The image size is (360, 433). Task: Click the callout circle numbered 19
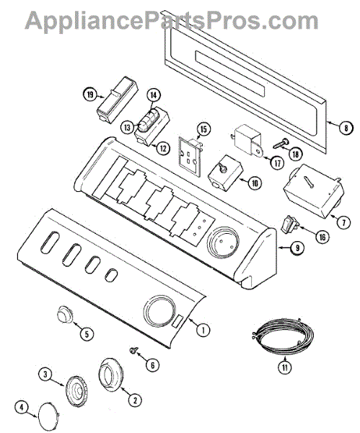click(90, 95)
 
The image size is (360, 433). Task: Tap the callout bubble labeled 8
click(346, 127)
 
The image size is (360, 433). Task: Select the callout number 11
click(285, 367)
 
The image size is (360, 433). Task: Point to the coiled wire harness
click(284, 333)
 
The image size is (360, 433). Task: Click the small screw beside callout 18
click(281, 144)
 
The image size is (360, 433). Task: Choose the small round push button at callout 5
click(65, 314)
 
